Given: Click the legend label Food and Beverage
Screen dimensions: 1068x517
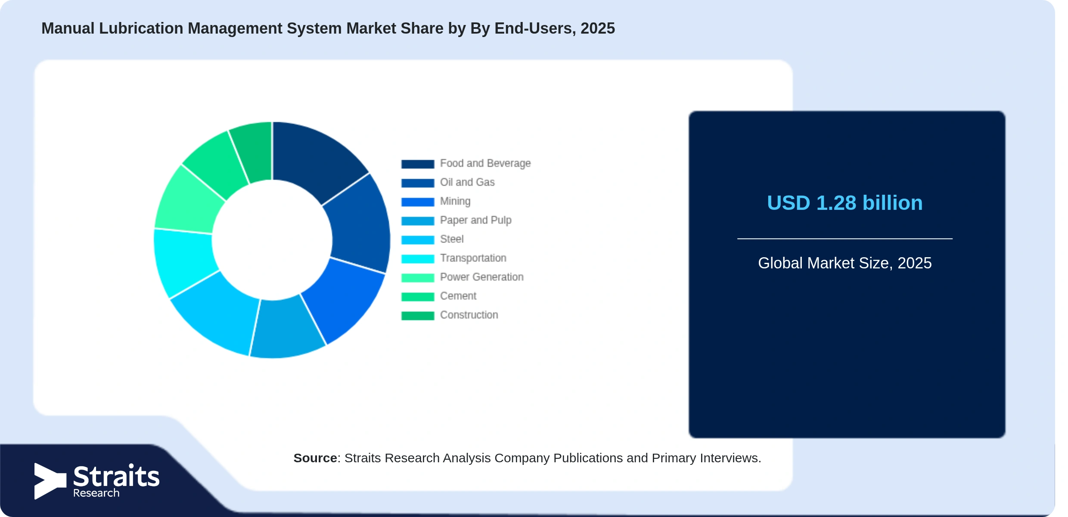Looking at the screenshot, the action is (485, 163).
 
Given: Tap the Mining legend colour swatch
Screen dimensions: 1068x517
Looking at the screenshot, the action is (418, 202).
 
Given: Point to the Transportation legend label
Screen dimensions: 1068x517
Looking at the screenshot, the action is (473, 258).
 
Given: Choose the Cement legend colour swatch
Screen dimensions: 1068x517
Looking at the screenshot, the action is (418, 296).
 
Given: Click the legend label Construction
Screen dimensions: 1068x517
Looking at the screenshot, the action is (469, 315).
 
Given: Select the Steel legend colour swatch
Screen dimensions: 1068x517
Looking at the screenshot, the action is (418, 240).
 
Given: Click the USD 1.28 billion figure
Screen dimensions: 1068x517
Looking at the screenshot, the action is (845, 203).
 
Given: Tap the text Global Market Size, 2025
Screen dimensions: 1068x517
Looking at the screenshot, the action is (845, 263).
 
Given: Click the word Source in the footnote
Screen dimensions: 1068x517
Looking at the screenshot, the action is (315, 458).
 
